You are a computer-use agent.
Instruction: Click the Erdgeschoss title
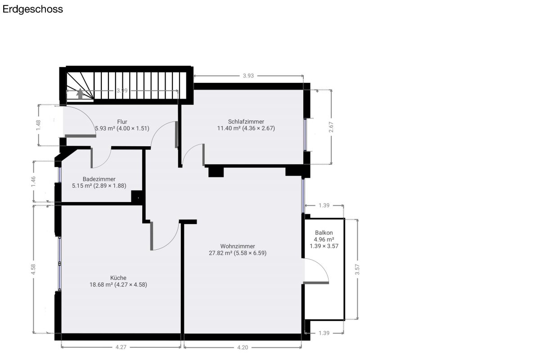pos(32,9)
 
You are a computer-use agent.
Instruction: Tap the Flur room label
pos(122,122)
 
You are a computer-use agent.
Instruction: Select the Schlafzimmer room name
pos(246,122)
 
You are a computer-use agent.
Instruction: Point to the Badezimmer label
pos(99,179)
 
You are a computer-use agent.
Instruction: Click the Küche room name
pos(118,278)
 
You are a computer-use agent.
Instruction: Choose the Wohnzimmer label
pos(238,246)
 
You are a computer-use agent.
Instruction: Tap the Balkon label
pos(324,233)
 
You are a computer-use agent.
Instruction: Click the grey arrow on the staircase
pos(80,94)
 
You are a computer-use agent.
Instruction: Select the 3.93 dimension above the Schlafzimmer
pos(248,76)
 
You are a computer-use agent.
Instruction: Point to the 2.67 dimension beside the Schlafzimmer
pos(331,127)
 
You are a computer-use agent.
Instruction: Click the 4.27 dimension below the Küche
pos(121,347)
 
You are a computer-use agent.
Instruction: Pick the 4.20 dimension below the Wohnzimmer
pos(243,347)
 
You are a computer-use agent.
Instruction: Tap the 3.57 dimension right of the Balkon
pos(357,270)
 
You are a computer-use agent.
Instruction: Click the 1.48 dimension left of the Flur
pos(38,125)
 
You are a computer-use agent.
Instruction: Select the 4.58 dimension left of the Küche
pos(33,269)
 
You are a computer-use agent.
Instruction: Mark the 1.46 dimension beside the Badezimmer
pos(33,181)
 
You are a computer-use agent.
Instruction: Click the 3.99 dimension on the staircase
pos(122,90)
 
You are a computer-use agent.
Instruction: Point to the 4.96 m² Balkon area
pos(324,239)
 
